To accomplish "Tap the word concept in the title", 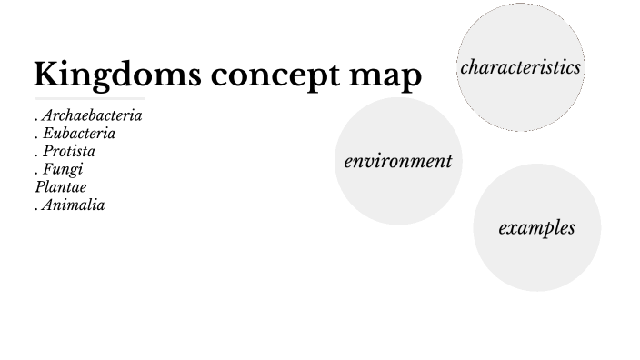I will click(x=264, y=76).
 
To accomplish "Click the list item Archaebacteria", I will click(x=92, y=116).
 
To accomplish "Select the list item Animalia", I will click(x=74, y=205).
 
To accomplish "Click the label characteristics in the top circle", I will click(x=520, y=67).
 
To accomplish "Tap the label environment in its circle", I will click(x=398, y=162).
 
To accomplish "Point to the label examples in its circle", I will click(x=536, y=227).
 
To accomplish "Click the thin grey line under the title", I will click(x=90, y=97).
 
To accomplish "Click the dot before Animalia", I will click(x=36, y=209).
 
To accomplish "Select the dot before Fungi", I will click(x=36, y=174).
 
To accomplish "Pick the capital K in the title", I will click(x=46, y=75).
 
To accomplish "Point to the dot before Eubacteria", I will click(x=36, y=138).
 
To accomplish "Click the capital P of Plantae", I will click(x=39, y=187).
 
